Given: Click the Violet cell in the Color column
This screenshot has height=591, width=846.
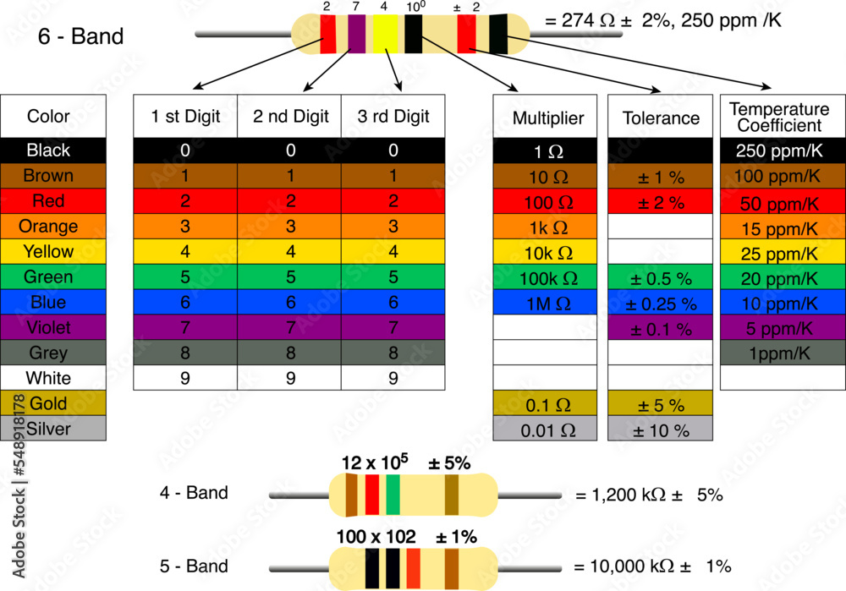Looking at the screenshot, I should point(53,327).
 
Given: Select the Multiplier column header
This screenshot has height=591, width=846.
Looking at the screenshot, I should point(547,118).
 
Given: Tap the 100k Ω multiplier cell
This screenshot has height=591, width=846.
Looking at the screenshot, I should point(547,277).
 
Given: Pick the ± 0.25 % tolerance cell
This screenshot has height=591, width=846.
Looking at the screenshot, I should point(661,303).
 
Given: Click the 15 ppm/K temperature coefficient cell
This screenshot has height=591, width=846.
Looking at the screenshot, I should point(782,228).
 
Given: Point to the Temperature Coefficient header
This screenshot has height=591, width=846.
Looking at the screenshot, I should point(782,118).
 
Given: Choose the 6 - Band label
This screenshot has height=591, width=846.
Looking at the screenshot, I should point(81,36).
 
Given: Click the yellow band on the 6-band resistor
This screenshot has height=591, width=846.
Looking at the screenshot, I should point(385,34).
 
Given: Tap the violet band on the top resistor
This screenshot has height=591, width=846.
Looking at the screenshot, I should point(356,34).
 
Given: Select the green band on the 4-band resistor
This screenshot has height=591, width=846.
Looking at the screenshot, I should point(393,495).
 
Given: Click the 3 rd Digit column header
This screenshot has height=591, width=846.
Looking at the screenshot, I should point(393,117).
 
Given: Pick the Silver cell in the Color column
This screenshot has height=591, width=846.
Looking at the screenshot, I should point(53,429).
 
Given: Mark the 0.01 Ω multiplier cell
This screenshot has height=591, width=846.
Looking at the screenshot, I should point(547,430).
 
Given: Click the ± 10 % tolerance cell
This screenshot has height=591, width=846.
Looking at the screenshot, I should point(661,430).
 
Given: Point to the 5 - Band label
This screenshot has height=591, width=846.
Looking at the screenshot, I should point(194,566).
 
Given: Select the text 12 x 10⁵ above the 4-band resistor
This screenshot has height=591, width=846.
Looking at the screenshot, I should point(374,462).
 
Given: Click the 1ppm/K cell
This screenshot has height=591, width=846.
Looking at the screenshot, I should point(782,353).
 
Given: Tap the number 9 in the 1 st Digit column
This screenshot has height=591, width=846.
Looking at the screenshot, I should point(185,378).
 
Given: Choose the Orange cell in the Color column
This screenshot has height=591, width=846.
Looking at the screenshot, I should point(53,226).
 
